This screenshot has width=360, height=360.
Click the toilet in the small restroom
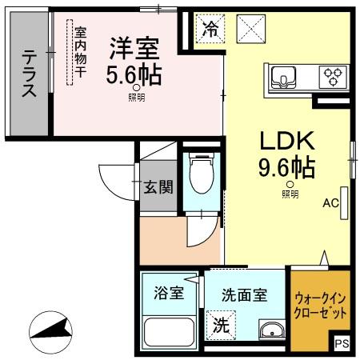click(197, 171)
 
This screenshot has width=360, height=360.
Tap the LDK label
click(285, 142)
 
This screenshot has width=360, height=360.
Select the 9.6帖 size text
click(286, 169)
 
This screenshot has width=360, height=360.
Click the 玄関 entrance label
click(158, 188)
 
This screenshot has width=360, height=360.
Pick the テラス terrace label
click(30, 74)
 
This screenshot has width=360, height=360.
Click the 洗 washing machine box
click(219, 326)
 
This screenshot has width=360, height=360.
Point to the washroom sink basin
click(272, 330)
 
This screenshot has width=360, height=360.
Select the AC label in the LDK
click(331, 203)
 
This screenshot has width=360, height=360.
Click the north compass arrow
click(49, 330)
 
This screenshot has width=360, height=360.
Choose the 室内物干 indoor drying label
click(80, 53)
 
